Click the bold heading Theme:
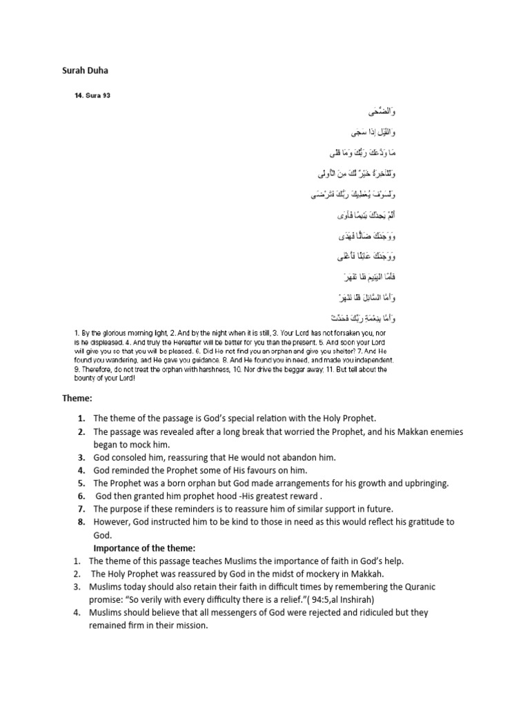coord(77,398)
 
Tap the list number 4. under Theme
coord(81,470)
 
